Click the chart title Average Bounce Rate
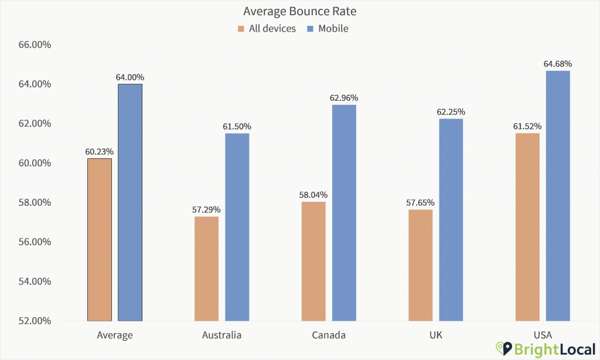pyautogui.click(x=299, y=12)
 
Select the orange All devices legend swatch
pyautogui.click(x=241, y=28)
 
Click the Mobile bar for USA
pyautogui.click(x=558, y=196)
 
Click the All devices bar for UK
pyautogui.click(x=421, y=265)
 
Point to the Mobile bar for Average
pyautogui.click(x=129, y=202)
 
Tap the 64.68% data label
pyautogui.click(x=558, y=64)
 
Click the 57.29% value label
pyautogui.click(x=206, y=209)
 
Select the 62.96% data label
pyautogui.click(x=344, y=98)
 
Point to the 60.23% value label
pyautogui.click(x=99, y=151)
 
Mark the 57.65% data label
pyautogui.click(x=421, y=202)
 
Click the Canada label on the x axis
pyautogui.click(x=329, y=335)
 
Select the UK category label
pyautogui.click(x=436, y=335)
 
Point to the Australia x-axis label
pyautogui.click(x=221, y=335)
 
